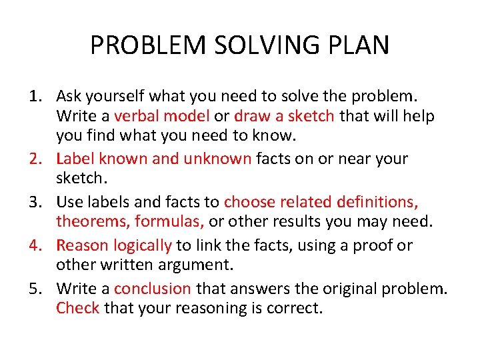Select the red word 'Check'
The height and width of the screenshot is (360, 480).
click(77, 308)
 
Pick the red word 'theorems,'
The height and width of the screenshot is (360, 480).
click(92, 221)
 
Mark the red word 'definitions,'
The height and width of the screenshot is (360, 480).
click(377, 202)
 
